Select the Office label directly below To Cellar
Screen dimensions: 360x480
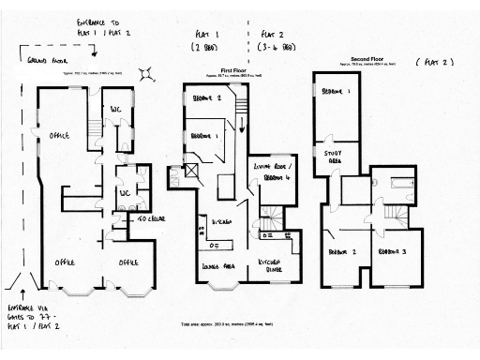pos(129,262)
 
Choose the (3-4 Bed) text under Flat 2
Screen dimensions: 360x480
pos(274,45)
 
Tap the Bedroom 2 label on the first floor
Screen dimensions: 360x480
pos(206,97)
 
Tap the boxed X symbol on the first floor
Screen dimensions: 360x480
pos(191,171)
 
